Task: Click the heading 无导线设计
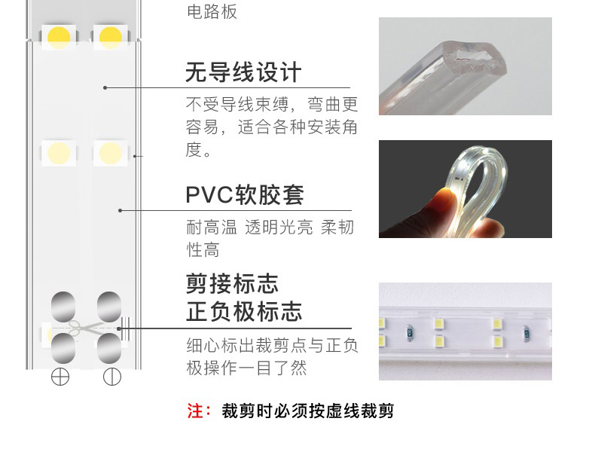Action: click(243, 72)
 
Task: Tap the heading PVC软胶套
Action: click(245, 194)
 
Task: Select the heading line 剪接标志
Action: click(232, 283)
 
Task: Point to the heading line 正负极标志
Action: click(244, 311)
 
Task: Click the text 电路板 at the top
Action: click(212, 11)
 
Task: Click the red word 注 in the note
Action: click(195, 411)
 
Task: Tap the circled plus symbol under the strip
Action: click(60, 377)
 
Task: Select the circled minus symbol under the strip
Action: click(112, 377)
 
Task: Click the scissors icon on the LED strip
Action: click(84, 328)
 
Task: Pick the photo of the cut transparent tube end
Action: click(465, 66)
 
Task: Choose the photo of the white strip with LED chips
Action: click(465, 331)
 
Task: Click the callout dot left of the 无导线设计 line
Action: click(105, 87)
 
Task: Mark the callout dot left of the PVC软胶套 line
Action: click(120, 210)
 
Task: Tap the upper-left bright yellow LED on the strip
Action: click(59, 37)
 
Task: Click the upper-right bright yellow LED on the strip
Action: click(111, 37)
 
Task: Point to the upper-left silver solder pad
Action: click(63, 307)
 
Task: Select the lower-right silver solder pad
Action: click(109, 348)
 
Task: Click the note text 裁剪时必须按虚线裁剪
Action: click(308, 411)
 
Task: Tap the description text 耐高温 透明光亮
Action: click(249, 227)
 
